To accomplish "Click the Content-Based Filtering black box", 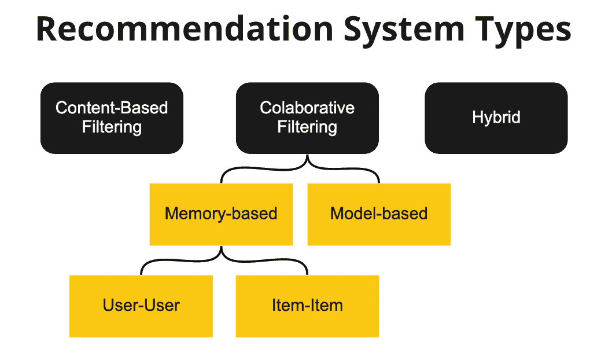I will [x=112, y=117].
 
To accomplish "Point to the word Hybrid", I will [x=496, y=117].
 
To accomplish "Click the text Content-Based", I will [x=112, y=108].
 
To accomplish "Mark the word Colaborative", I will [x=307, y=108].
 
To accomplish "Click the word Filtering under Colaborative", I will [x=307, y=127].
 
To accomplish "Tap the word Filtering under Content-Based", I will [x=112, y=127].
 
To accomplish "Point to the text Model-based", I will [x=378, y=214].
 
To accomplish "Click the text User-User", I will [x=141, y=305].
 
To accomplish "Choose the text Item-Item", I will [x=307, y=305].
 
